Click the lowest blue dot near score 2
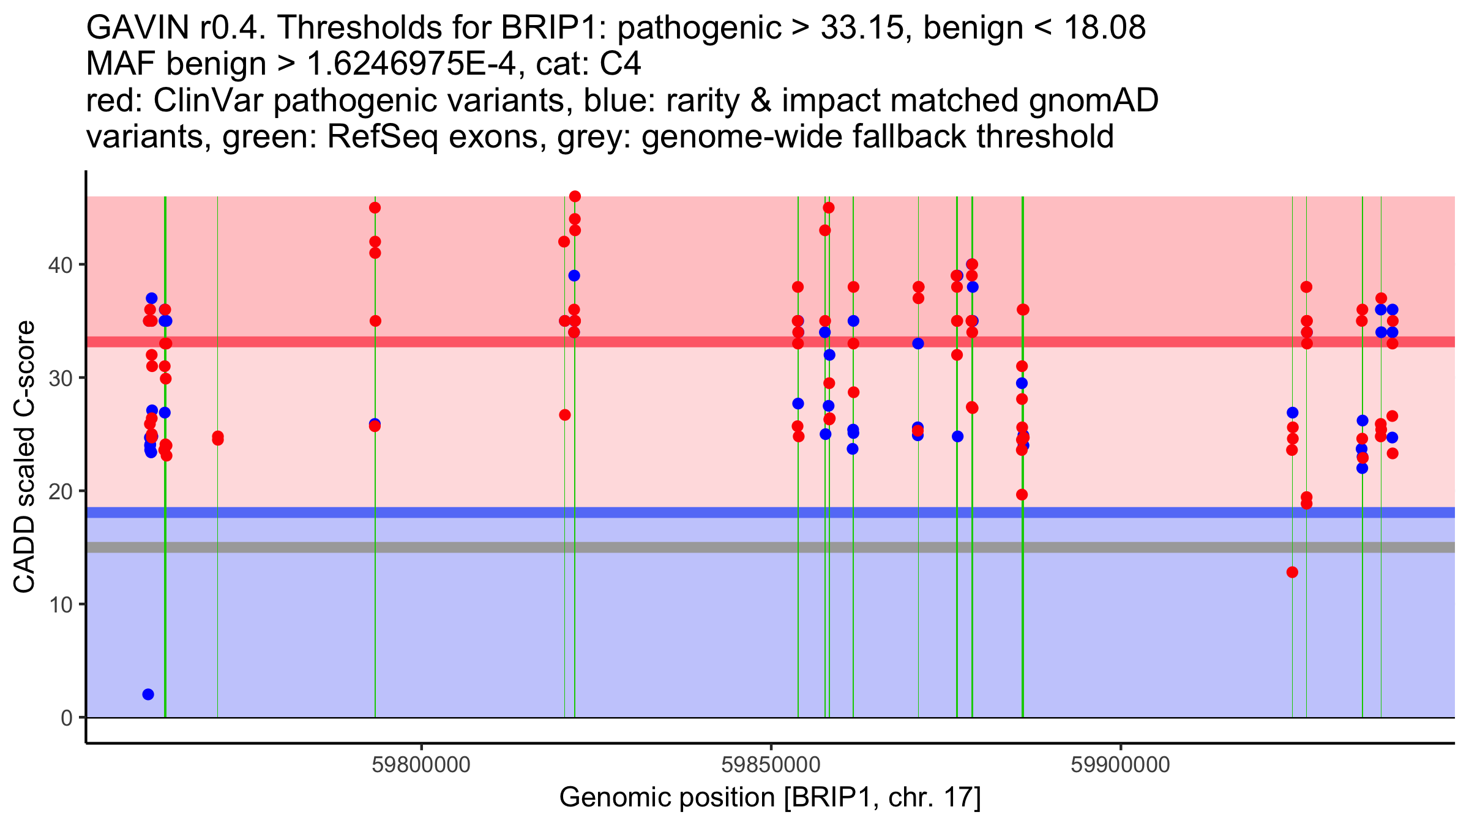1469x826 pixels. [x=148, y=694]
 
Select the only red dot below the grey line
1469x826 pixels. [x=1292, y=572]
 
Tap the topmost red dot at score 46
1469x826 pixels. [x=575, y=196]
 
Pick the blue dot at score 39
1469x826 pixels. [x=574, y=276]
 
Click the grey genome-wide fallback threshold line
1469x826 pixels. [x=734, y=547]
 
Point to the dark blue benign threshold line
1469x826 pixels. [x=734, y=513]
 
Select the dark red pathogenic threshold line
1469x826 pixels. [x=734, y=342]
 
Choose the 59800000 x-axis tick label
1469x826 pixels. [x=421, y=765]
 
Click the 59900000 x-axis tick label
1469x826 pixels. [x=1120, y=765]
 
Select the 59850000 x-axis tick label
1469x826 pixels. [x=771, y=765]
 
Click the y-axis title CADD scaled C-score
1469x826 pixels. [x=24, y=456]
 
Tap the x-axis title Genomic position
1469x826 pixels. [x=769, y=797]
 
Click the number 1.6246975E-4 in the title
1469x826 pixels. [x=411, y=64]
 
